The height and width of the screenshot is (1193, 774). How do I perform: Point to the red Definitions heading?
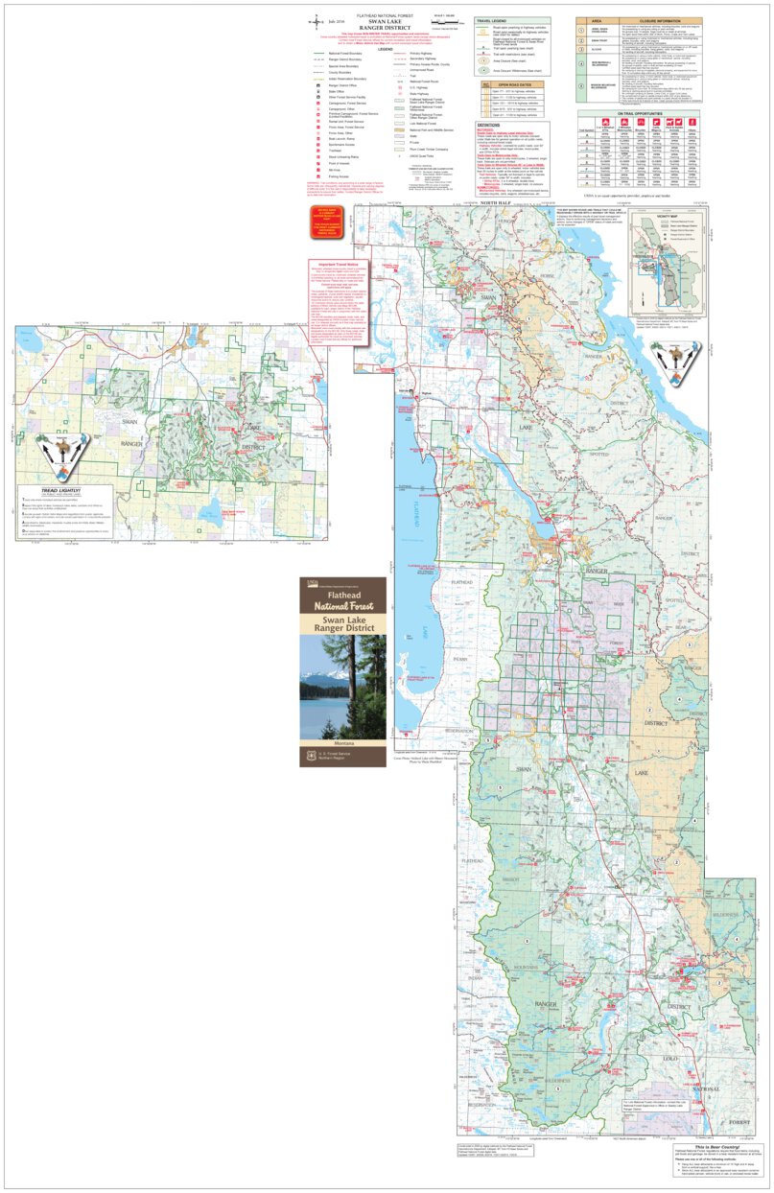491,124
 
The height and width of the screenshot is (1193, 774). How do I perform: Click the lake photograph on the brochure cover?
342,686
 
